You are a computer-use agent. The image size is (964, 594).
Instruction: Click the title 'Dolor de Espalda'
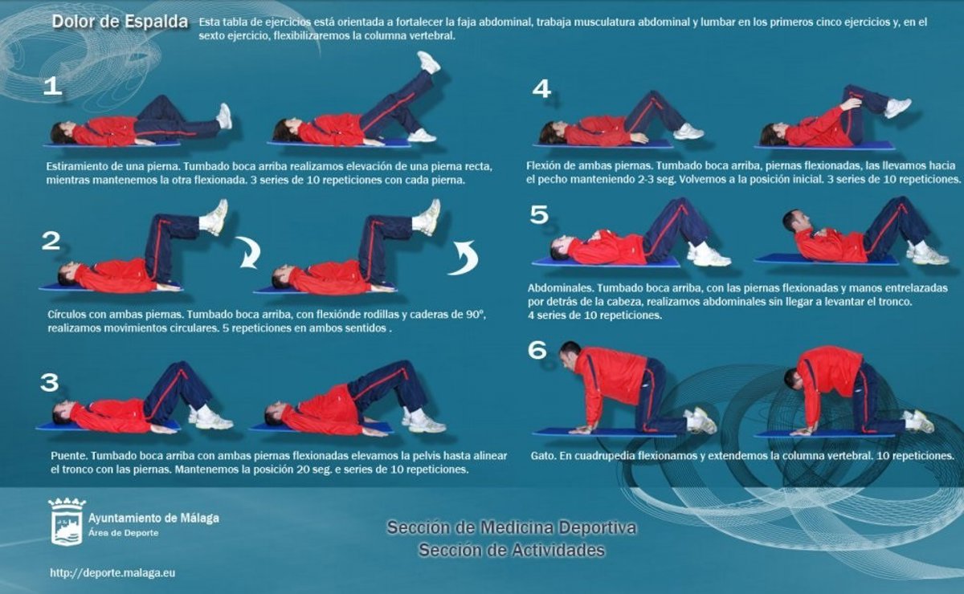(x=120, y=22)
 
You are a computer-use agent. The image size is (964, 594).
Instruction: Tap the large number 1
(x=52, y=87)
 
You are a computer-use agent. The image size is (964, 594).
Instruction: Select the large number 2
(x=51, y=241)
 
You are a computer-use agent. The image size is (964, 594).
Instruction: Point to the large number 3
(x=50, y=382)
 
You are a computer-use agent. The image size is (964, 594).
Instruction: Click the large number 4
(x=541, y=89)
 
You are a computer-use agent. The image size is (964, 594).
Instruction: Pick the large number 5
(x=539, y=214)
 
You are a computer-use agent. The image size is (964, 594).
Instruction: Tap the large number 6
(x=537, y=350)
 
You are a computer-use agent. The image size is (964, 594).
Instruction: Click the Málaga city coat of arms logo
(x=67, y=521)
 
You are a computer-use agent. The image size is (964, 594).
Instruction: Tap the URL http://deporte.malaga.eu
(x=112, y=573)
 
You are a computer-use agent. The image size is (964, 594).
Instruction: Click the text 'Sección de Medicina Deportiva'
(x=511, y=527)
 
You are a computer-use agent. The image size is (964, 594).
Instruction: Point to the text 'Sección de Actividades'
(x=512, y=550)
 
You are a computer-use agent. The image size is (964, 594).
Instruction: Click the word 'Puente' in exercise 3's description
(x=68, y=455)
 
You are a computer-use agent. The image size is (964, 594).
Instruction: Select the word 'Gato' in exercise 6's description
(x=543, y=455)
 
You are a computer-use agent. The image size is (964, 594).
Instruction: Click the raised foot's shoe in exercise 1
(x=429, y=62)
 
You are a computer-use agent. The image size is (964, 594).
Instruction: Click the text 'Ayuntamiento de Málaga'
(x=153, y=519)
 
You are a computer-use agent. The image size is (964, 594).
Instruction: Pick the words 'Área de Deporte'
(x=124, y=533)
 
